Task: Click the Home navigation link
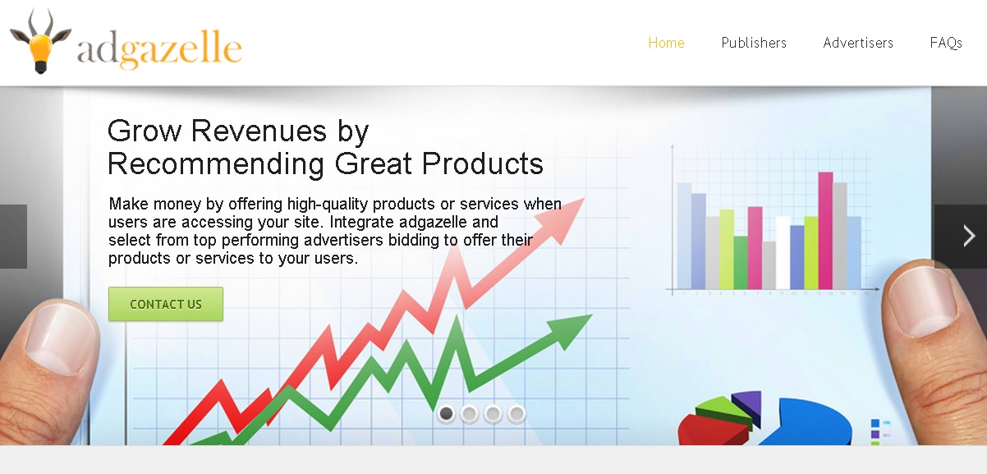[x=666, y=43]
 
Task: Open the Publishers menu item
[x=754, y=43]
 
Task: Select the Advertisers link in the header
[x=858, y=43]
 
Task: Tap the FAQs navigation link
[x=946, y=43]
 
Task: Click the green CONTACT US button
[x=166, y=304]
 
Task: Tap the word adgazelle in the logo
[x=159, y=48]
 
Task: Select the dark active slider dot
[x=447, y=413]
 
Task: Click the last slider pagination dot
[x=516, y=413]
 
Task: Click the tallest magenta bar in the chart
[x=825, y=231]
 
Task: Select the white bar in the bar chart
[x=783, y=253]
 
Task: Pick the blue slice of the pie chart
[x=806, y=422]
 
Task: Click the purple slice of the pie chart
[x=749, y=405]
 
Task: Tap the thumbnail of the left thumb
[x=61, y=338]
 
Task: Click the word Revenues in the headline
[x=259, y=131]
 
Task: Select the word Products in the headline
[x=483, y=163]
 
